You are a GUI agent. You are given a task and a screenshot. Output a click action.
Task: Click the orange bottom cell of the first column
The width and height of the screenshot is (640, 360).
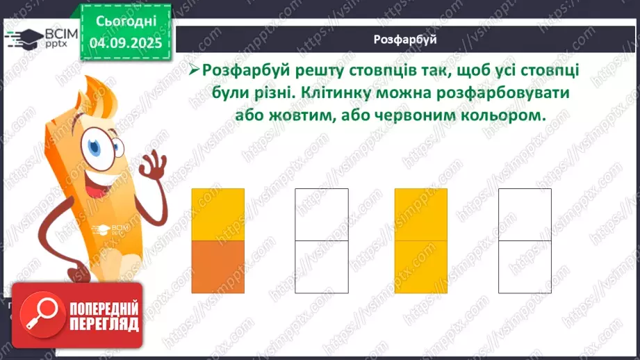pyautogui.click(x=218, y=266)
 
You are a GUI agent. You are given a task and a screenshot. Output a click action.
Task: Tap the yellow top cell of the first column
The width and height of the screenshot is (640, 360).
pyautogui.click(x=218, y=214)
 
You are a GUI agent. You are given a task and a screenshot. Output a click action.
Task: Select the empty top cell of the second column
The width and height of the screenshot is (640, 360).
pyautogui.click(x=321, y=214)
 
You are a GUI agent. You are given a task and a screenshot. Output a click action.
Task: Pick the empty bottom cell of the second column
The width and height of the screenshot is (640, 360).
pyautogui.click(x=321, y=266)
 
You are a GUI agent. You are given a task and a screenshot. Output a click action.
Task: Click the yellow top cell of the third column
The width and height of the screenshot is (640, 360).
pyautogui.click(x=421, y=214)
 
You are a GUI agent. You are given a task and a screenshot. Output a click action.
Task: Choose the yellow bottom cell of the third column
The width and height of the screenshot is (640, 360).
pyautogui.click(x=421, y=266)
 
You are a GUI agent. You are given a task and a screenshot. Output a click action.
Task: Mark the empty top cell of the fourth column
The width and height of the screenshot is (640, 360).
pyautogui.click(x=525, y=214)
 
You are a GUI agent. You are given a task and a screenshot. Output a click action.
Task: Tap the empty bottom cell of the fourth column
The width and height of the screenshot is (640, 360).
pyautogui.click(x=525, y=266)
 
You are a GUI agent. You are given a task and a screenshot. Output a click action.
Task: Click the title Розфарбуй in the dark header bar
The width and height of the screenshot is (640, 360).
pyautogui.click(x=405, y=40)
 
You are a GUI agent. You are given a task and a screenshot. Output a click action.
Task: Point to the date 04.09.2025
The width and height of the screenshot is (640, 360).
pyautogui.click(x=126, y=43)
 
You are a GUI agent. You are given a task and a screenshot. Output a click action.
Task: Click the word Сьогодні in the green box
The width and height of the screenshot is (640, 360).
pyautogui.click(x=126, y=21)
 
